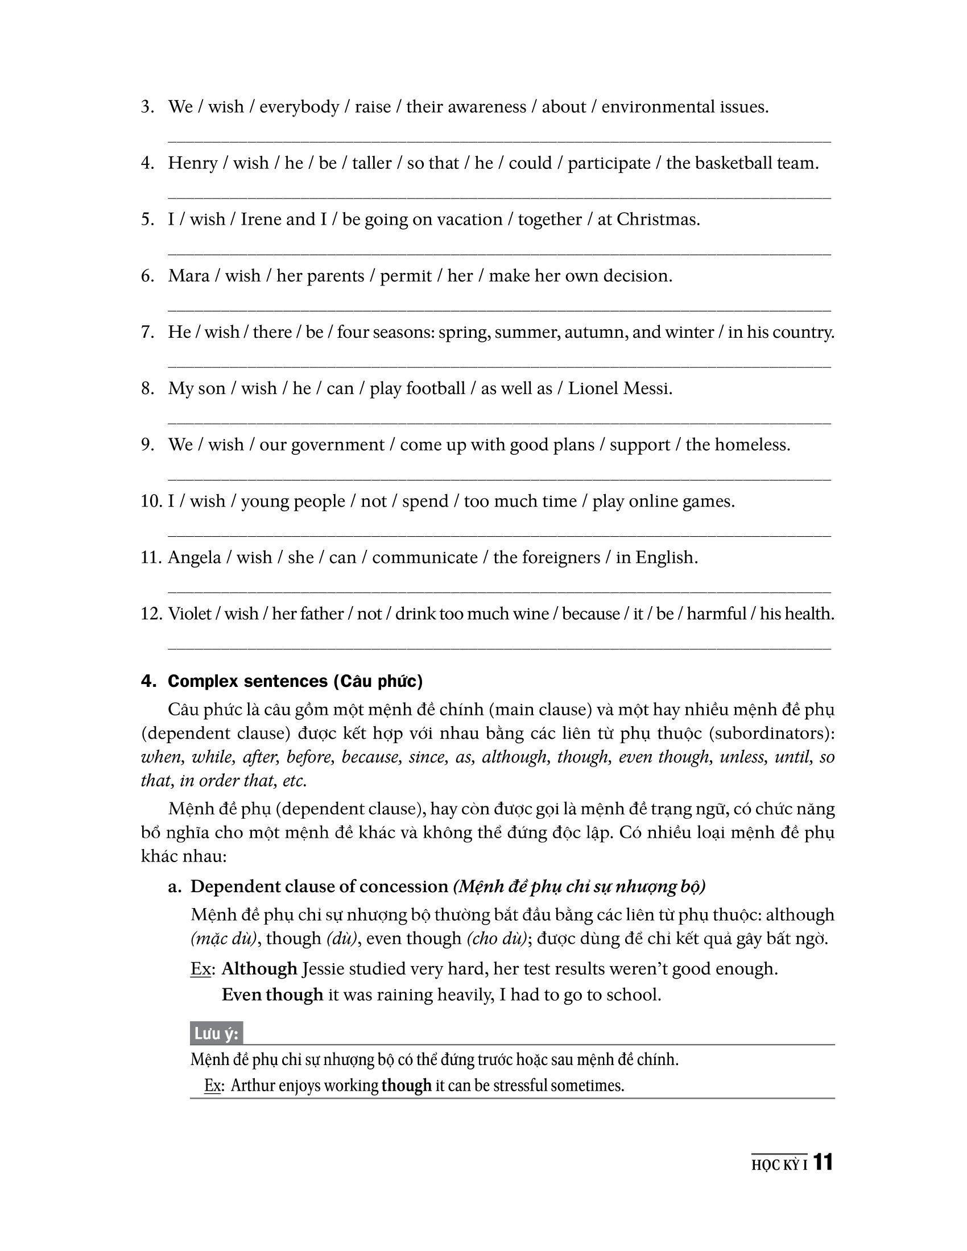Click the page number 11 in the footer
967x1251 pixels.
click(x=823, y=1162)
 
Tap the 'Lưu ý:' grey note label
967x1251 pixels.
click(x=216, y=1033)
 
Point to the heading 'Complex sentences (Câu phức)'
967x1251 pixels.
click(x=295, y=681)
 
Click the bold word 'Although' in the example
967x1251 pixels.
click(x=259, y=968)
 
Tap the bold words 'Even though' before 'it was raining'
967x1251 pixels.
click(x=272, y=995)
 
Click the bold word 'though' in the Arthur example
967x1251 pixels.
click(x=406, y=1086)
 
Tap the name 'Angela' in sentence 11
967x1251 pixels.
click(x=194, y=557)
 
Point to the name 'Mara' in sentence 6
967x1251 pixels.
click(x=188, y=276)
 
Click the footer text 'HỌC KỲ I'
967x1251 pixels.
click(x=779, y=1165)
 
